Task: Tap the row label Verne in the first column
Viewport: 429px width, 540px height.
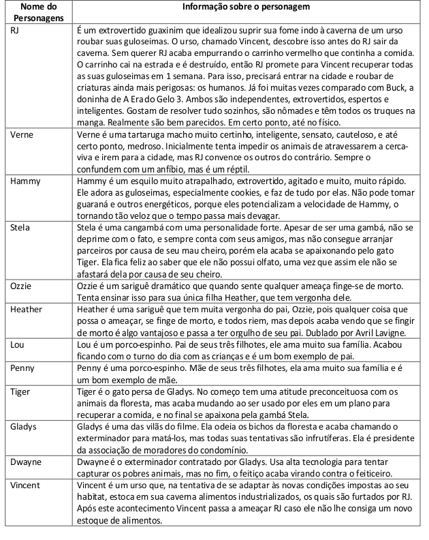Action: pos(22,135)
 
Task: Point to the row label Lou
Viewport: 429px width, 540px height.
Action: pos(18,344)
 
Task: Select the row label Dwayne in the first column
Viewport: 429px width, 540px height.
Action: pos(26,462)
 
